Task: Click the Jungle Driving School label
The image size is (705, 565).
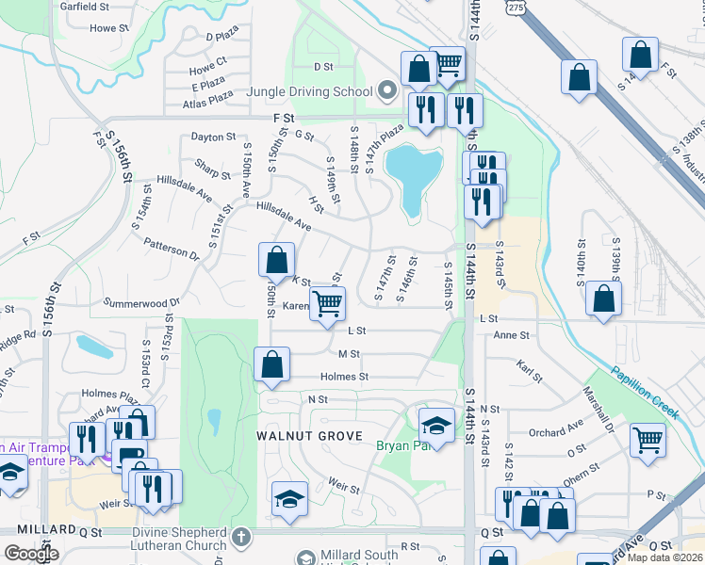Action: point(310,93)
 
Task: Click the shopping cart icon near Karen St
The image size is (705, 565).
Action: point(327,304)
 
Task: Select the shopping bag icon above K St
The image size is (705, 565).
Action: point(277,261)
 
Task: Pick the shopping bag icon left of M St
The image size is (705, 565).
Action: point(271,365)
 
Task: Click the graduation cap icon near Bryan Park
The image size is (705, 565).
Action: point(436,427)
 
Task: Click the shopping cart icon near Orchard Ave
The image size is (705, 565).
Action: point(648,439)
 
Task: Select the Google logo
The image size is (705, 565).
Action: point(31,554)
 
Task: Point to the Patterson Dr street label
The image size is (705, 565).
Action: point(172,249)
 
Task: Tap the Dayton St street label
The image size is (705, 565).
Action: point(212,137)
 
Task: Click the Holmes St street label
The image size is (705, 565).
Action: point(344,377)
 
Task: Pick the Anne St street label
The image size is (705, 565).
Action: point(512,335)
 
